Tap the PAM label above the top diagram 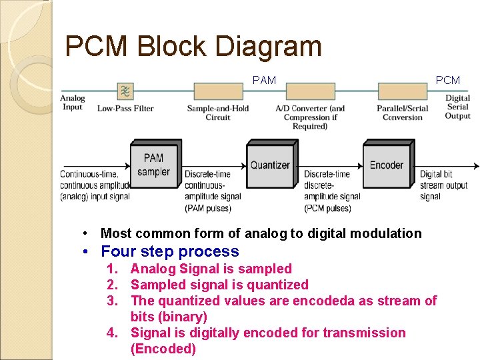click(264, 80)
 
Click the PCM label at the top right click(447, 80)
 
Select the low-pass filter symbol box click(125, 91)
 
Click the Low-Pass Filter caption click(125, 108)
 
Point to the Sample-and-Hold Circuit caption click(217, 113)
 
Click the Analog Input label click(73, 103)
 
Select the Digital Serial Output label click(457, 107)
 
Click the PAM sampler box click(153, 165)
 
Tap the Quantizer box click(270, 165)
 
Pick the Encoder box click(387, 165)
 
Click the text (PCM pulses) click(327, 208)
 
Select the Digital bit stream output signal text click(443, 185)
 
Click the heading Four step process click(169, 251)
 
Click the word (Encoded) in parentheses click(163, 349)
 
